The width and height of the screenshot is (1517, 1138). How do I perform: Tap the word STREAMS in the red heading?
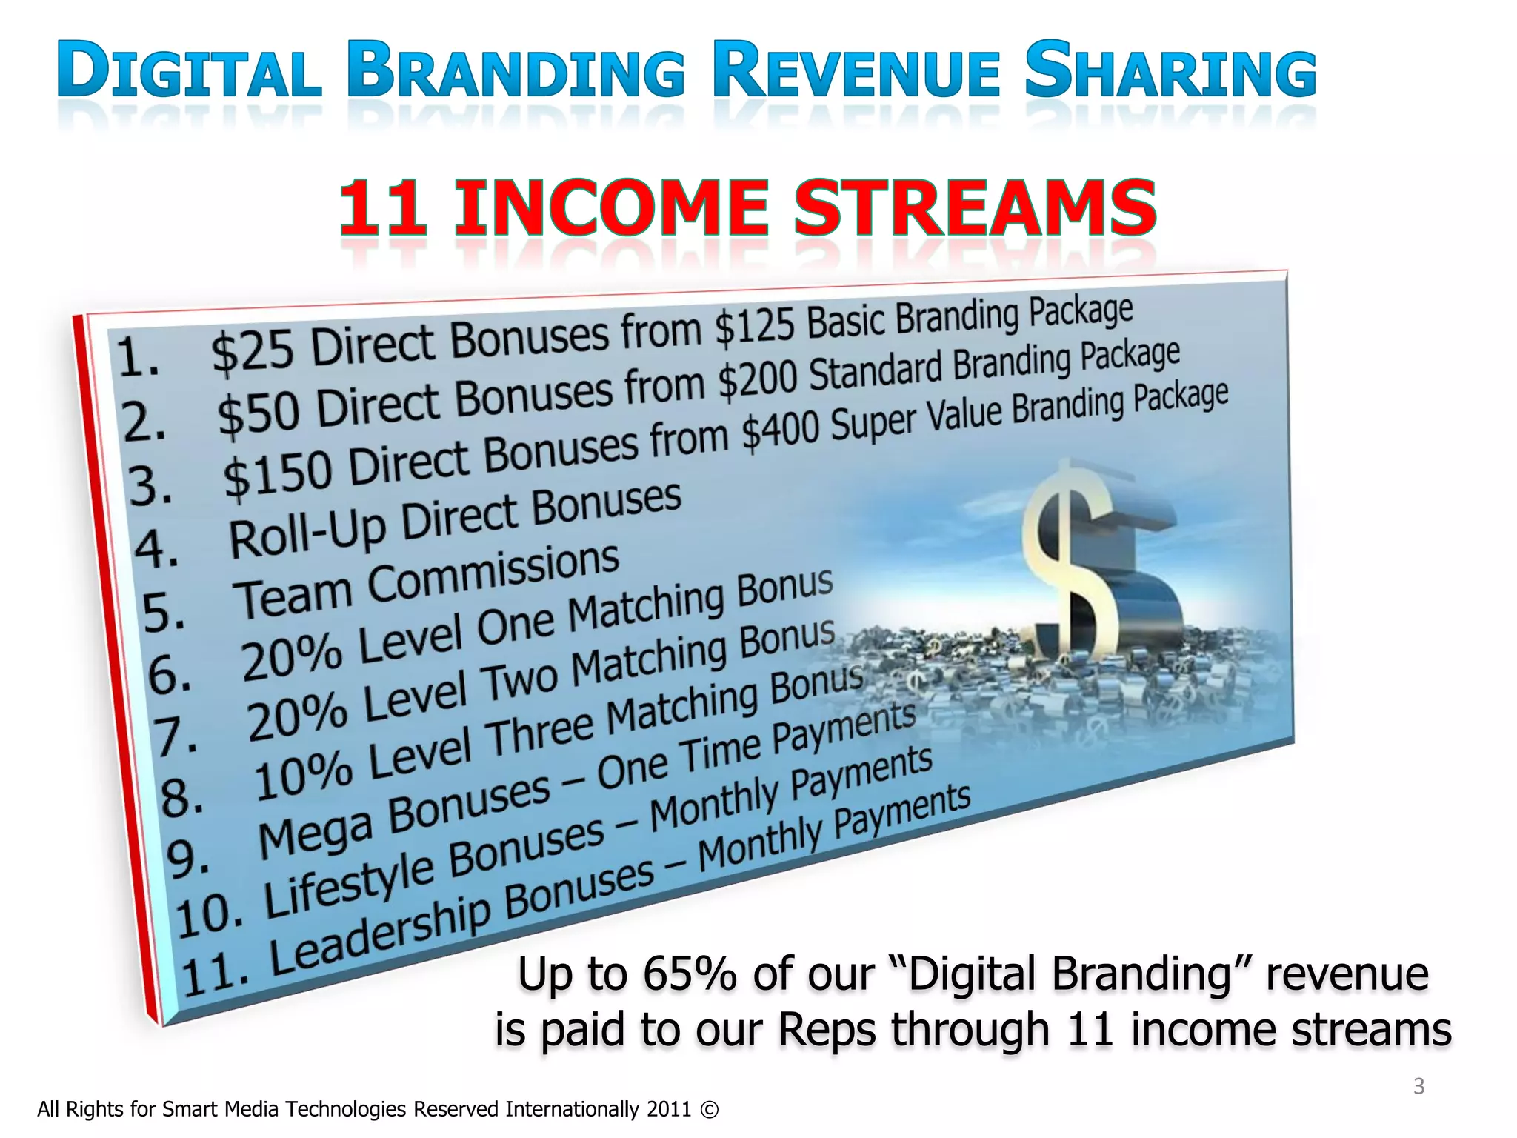tap(975, 208)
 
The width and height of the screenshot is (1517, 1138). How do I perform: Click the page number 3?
tap(1418, 1086)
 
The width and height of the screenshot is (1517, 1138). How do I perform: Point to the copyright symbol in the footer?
tap(709, 1109)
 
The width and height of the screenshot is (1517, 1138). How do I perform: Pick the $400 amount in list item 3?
tap(780, 430)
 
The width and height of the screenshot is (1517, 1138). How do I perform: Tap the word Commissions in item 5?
tap(493, 572)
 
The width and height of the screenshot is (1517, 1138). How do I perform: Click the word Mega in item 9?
tap(315, 834)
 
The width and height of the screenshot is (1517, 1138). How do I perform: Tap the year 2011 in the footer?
tap(668, 1109)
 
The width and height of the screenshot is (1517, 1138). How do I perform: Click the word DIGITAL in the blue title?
tap(190, 71)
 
